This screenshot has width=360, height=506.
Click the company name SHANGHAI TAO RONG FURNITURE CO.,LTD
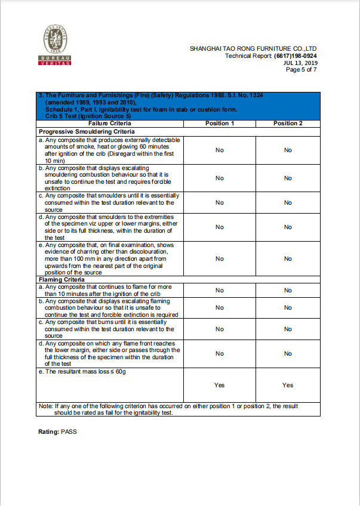tap(253, 48)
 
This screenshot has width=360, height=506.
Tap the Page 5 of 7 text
tap(301, 69)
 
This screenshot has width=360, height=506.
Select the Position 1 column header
tap(220, 123)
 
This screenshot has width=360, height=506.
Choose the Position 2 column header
tap(288, 123)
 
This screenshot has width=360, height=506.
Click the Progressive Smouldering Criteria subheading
tap(87, 131)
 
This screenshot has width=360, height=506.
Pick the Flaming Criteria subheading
tap(61, 279)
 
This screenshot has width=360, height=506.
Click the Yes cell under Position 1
tap(220, 385)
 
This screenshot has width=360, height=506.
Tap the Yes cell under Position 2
tap(288, 385)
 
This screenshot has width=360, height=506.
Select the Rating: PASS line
tap(57, 431)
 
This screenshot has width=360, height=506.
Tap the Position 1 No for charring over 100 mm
tap(220, 258)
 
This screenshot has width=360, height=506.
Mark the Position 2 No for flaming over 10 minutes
tap(288, 290)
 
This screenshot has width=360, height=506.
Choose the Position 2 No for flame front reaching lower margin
tap(288, 353)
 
